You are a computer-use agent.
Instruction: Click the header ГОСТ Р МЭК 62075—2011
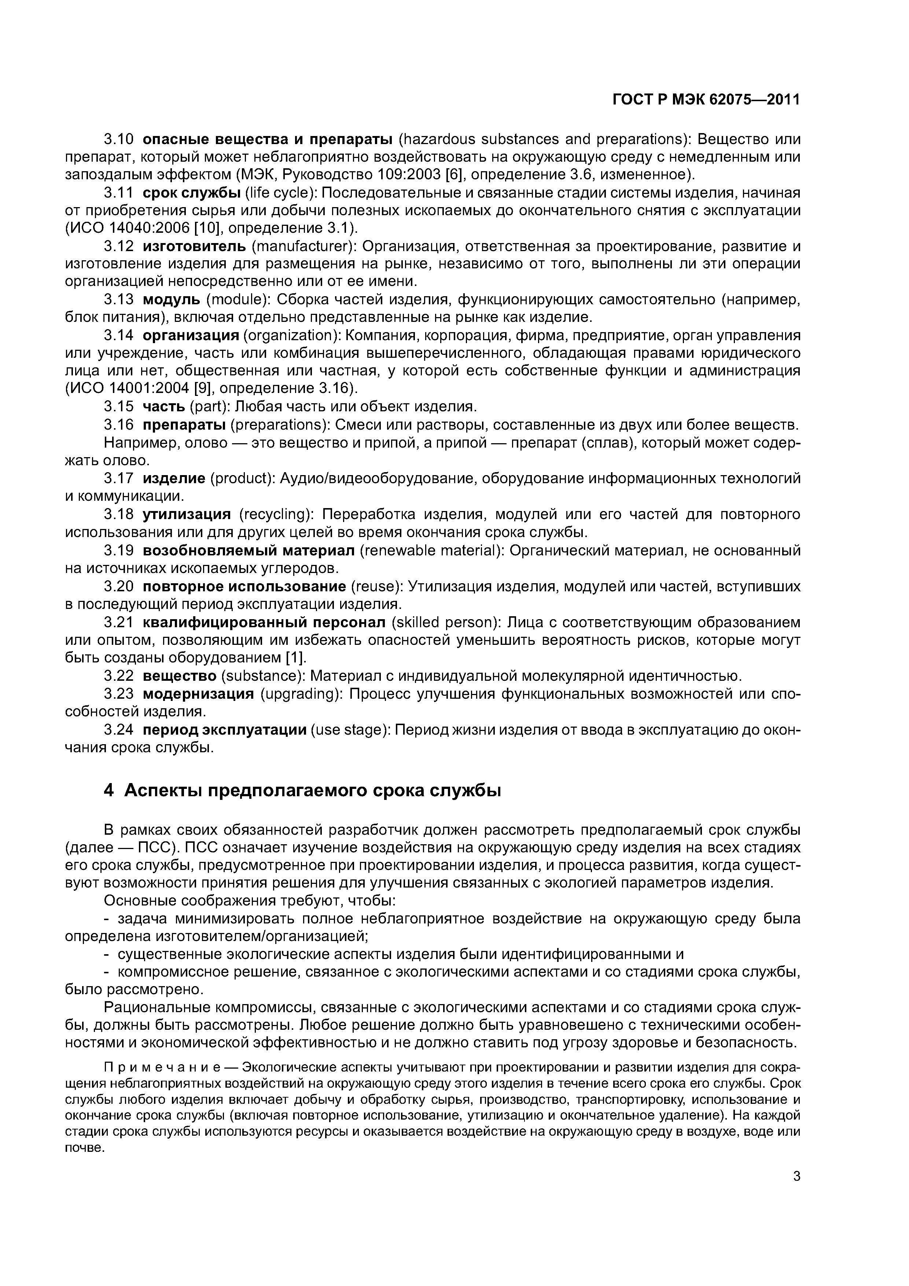pyautogui.click(x=706, y=100)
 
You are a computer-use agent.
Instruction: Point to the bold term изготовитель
pyautogui.click(x=194, y=246)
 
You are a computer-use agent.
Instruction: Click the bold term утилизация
pyautogui.click(x=187, y=514)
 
